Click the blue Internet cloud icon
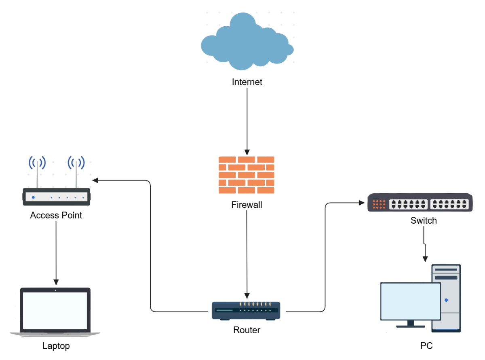point(247,40)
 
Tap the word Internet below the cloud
point(247,82)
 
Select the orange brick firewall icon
point(247,175)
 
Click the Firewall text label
point(247,205)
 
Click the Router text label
point(247,330)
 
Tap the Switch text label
point(424,221)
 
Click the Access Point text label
point(56,216)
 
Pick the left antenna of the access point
point(37,174)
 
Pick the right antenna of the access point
point(76,174)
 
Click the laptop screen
point(55,310)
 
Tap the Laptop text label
point(56,346)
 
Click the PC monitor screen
point(410,301)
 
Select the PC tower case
point(446,297)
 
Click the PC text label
point(426,346)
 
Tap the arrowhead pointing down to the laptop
point(56,282)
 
